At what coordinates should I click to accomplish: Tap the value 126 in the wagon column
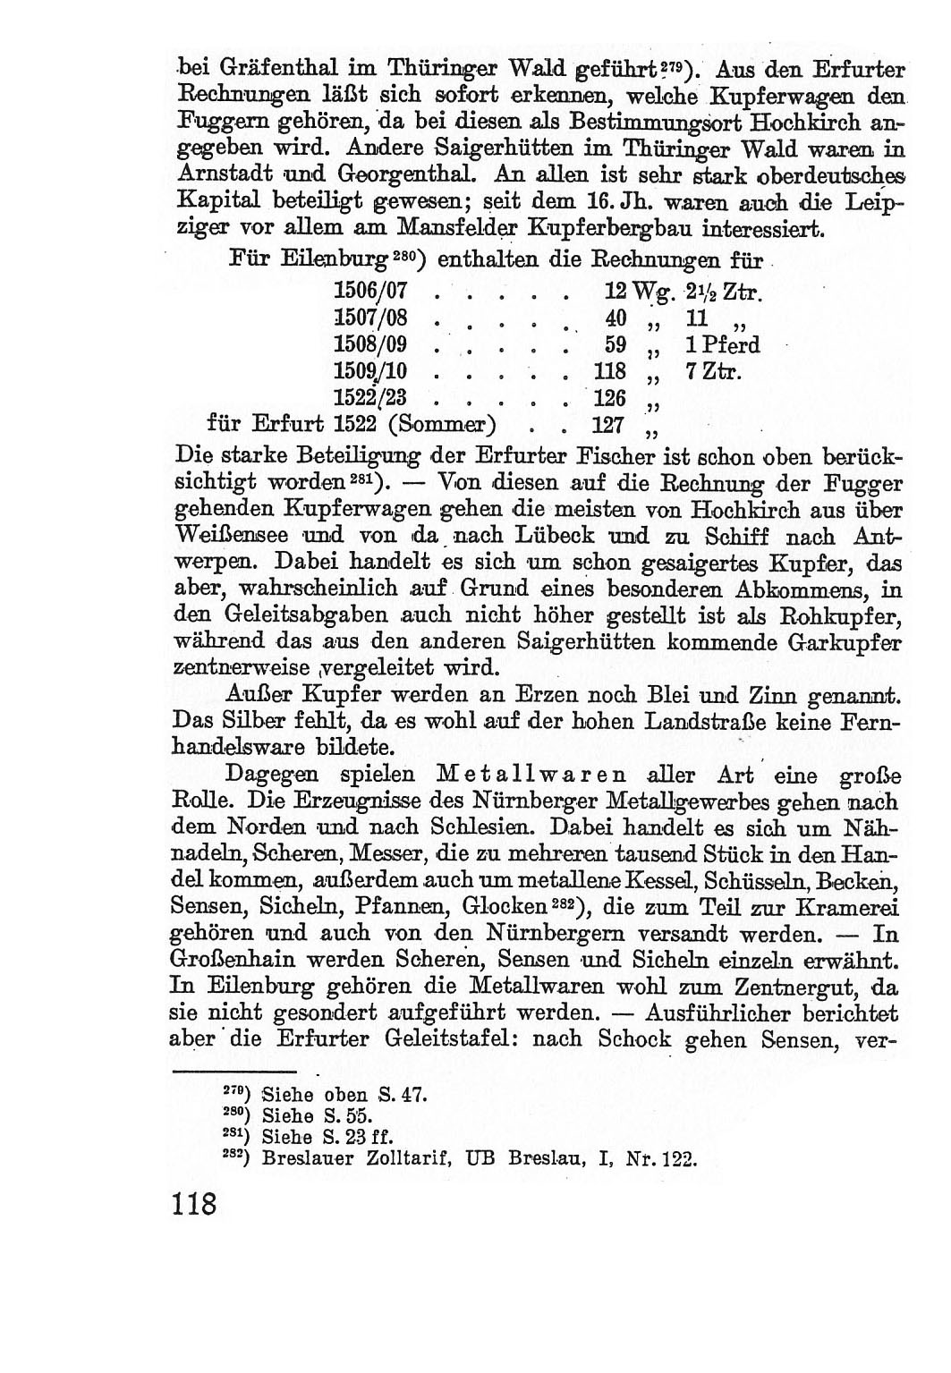[x=609, y=396]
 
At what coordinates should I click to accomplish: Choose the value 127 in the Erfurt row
[x=609, y=423]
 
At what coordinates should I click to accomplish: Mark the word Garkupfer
[x=845, y=642]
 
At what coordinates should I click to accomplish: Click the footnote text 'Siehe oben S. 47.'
[x=340, y=1093]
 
